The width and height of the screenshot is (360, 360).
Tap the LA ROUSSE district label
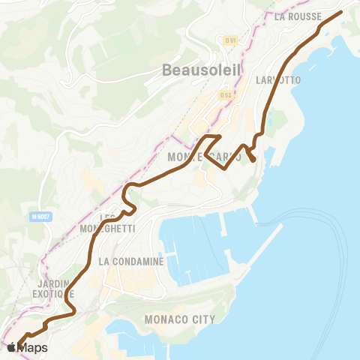(298, 16)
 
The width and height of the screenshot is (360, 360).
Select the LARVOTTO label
(278, 79)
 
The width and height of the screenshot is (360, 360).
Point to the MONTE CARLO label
(204, 157)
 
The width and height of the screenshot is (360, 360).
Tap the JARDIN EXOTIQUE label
(53, 289)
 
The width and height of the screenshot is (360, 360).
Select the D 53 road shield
(225, 94)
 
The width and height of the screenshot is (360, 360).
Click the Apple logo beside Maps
(11, 347)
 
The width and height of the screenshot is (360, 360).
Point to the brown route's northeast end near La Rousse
(340, 12)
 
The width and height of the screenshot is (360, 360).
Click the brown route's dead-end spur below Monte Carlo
(254, 160)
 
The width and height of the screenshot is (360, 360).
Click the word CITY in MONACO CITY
(203, 319)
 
